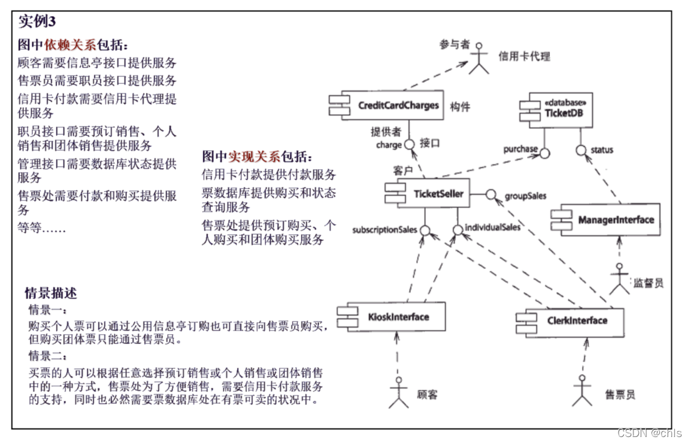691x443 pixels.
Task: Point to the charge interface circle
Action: coord(410,145)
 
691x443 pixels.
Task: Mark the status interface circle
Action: coord(581,150)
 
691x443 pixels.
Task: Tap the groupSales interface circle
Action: coord(490,194)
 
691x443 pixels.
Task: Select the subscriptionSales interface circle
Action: coord(425,230)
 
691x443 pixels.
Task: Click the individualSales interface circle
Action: coord(457,229)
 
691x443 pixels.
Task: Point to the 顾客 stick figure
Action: coord(398,393)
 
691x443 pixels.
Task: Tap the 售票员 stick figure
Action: coord(581,391)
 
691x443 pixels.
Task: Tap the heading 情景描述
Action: coord(51,293)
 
